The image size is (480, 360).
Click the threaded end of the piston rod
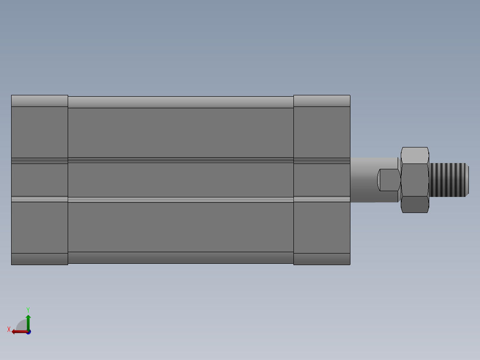pyautogui.click(x=449, y=180)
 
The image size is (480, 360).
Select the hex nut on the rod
pyautogui.click(x=415, y=180)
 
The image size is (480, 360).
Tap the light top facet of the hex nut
pyautogui.click(x=415, y=155)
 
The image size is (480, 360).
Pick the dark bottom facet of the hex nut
pyautogui.click(x=415, y=205)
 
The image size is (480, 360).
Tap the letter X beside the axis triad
pyautogui.click(x=9, y=329)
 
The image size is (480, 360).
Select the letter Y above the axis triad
pyautogui.click(x=28, y=309)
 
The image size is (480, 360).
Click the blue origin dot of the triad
pyautogui.click(x=28, y=332)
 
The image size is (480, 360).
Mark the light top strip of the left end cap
pyautogui.click(x=40, y=101)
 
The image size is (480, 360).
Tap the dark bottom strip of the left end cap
pyautogui.click(x=40, y=259)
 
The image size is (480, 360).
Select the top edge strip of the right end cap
pyautogui.click(x=321, y=101)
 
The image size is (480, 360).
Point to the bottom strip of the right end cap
pyautogui.click(x=321, y=259)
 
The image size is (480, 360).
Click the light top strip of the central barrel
pyautogui.click(x=180, y=102)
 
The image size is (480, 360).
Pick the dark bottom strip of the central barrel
pyautogui.click(x=180, y=258)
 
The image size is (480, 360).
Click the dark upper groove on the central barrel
pyautogui.click(x=180, y=160)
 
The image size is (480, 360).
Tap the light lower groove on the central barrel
pyautogui.click(x=180, y=200)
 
